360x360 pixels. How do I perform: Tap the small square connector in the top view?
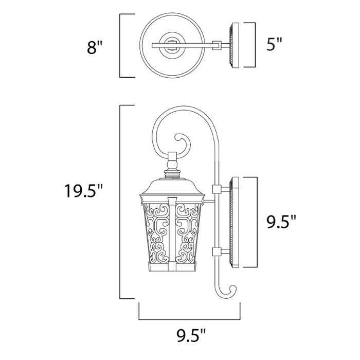point(218,45)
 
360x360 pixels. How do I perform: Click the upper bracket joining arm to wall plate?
point(217,189)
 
